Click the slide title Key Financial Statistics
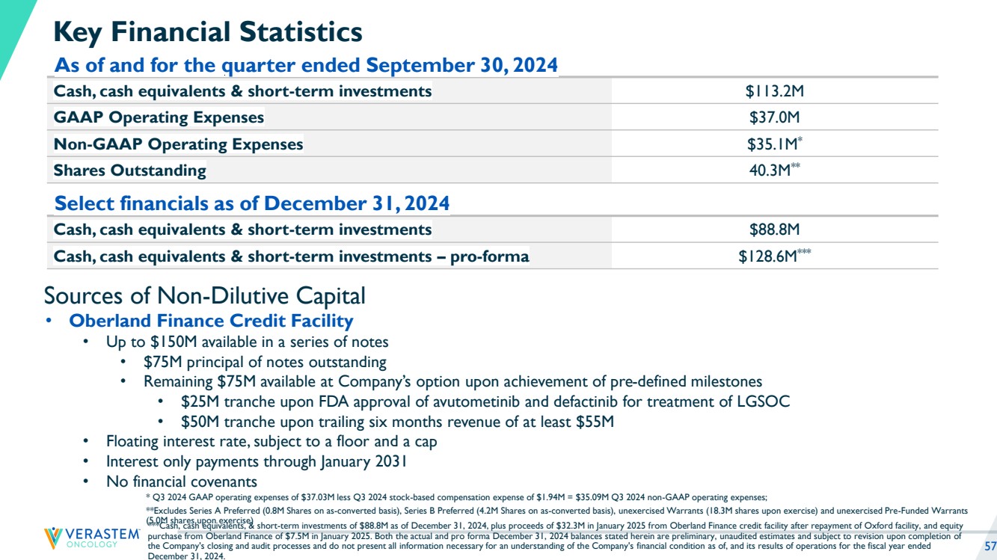[x=208, y=32]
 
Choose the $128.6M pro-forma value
[x=770, y=256]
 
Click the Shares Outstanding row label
[x=129, y=170]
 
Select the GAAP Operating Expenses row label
[x=159, y=117]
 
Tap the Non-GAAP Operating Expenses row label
[x=178, y=144]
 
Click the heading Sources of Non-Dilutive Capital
[x=205, y=295]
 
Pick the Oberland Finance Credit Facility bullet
[x=211, y=321]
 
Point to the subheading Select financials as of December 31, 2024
[x=252, y=203]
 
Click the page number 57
[x=990, y=545]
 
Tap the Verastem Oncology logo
[x=92, y=538]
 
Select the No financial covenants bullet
[x=182, y=481]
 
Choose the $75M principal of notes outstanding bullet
[x=265, y=362]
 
